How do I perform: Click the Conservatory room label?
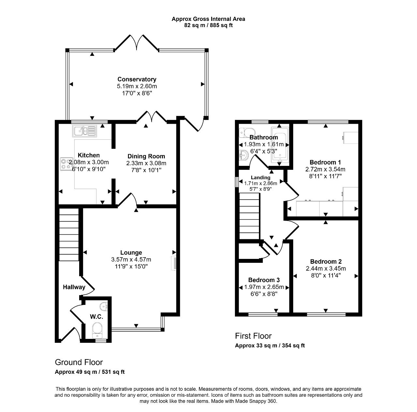coord(137,79)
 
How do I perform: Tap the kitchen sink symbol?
coord(85,131)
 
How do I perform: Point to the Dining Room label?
coord(146,156)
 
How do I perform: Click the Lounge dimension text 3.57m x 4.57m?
coord(131,260)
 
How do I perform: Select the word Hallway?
coord(74,287)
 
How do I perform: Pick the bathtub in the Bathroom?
coord(280,145)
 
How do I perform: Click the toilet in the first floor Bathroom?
coord(247,133)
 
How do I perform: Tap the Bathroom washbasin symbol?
coord(244,155)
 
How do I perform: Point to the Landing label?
coord(261,178)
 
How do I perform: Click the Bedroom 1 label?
coord(325,162)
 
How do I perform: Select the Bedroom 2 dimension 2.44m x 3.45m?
coord(326,269)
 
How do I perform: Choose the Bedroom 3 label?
coord(264,280)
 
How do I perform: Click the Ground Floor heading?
coord(79,362)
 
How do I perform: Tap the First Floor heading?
coord(253,336)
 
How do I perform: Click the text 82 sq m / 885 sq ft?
coord(208,25)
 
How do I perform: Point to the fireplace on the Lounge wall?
coord(174,263)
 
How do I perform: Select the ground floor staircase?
coord(69,234)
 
